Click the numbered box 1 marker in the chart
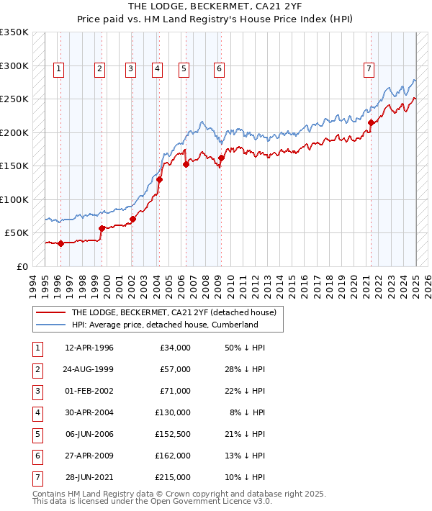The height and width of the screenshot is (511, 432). [58, 69]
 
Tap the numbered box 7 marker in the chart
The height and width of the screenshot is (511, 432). [369, 69]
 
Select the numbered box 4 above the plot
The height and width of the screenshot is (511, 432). [156, 69]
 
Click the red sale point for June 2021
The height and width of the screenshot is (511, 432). [372, 122]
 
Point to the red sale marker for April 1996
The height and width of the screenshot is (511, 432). [60, 243]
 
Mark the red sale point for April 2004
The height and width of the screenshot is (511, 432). [160, 179]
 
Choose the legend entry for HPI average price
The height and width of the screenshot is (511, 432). [164, 325]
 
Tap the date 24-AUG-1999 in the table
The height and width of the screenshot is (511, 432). [89, 369]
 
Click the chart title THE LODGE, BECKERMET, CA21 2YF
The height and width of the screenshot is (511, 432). [216, 6]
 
